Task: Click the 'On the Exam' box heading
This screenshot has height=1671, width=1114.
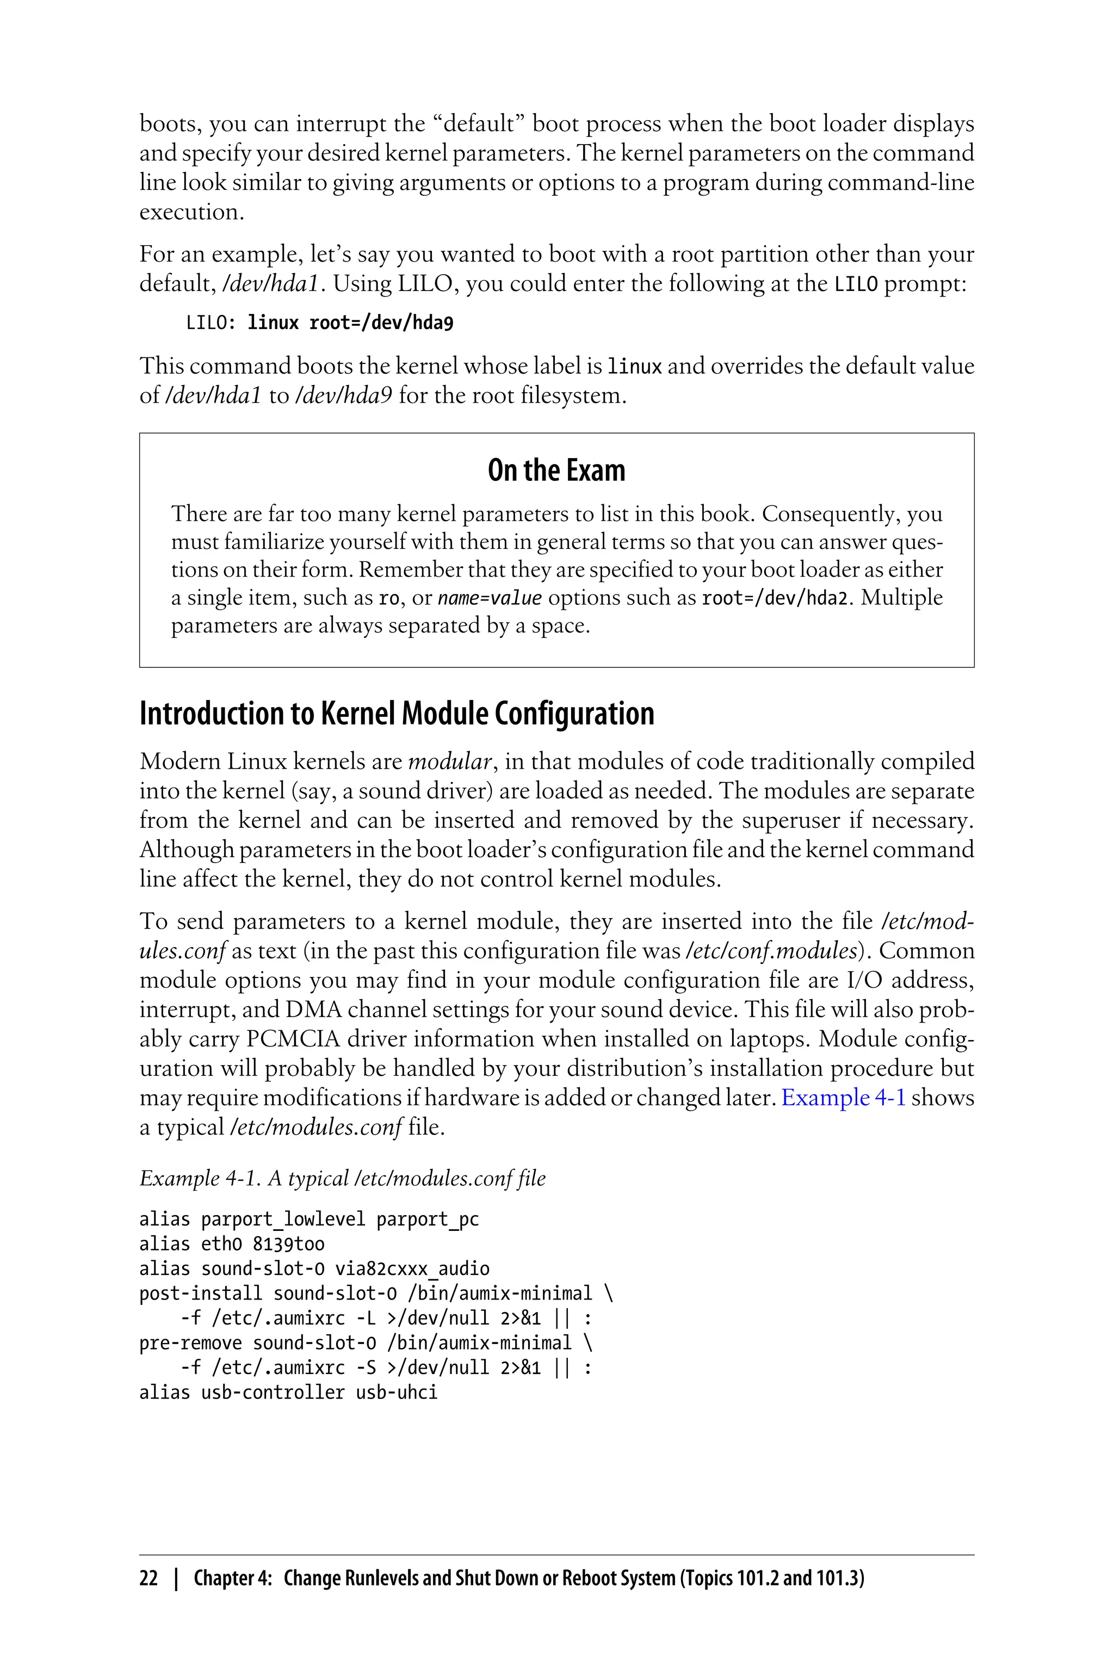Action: click(556, 471)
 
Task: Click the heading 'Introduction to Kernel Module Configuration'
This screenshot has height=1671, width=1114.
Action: click(397, 713)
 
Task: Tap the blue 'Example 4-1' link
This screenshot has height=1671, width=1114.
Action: click(843, 1097)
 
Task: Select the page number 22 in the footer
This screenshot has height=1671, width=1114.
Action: click(148, 1578)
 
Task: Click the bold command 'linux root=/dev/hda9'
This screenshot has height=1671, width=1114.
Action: click(350, 323)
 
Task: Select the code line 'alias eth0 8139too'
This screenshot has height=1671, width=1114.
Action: click(232, 1243)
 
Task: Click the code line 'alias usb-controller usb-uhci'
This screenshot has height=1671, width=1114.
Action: click(288, 1392)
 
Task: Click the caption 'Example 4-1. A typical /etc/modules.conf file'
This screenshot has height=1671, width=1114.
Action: click(343, 1178)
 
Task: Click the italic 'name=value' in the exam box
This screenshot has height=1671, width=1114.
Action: click(490, 598)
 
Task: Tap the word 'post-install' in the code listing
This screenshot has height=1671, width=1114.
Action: click(200, 1293)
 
